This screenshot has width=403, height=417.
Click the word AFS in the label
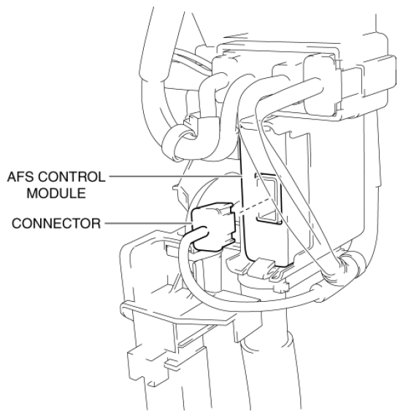tap(20, 177)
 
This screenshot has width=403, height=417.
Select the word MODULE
tap(56, 193)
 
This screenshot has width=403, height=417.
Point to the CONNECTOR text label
tap(56, 223)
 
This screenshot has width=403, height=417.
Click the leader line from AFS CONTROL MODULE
tap(175, 176)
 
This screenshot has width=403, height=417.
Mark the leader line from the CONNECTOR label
tap(148, 223)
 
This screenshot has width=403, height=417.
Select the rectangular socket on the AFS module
tap(268, 198)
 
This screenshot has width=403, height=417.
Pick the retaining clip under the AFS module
tap(262, 268)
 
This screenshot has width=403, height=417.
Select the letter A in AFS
tap(12, 177)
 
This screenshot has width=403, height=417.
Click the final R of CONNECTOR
tap(96, 223)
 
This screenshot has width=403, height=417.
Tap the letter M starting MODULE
tap(32, 193)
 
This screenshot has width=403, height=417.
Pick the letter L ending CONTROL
tap(102, 177)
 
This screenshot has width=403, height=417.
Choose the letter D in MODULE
tap(55, 193)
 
